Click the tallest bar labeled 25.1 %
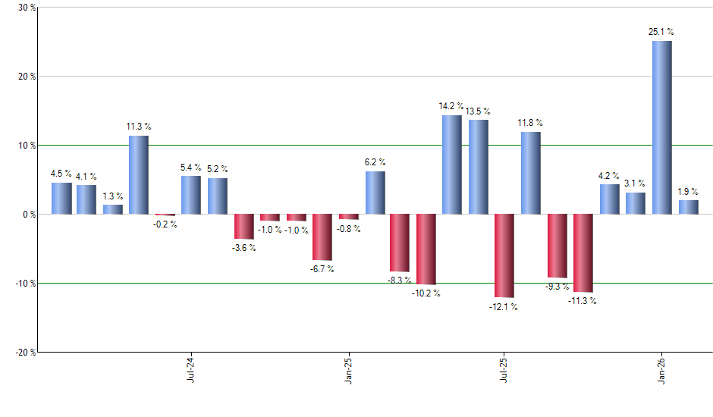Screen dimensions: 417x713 click(x=661, y=127)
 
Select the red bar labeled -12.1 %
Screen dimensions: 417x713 click(x=504, y=256)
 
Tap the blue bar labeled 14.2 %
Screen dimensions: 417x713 click(x=452, y=165)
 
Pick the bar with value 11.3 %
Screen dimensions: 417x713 click(x=138, y=174)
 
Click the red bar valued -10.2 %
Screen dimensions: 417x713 click(x=426, y=249)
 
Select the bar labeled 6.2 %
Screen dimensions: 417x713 click(x=375, y=193)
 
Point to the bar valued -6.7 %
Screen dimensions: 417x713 click(x=322, y=237)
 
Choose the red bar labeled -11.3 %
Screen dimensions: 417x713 click(x=583, y=252)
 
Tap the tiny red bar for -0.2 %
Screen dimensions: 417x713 click(x=165, y=215)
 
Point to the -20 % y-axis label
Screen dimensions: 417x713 click(x=24, y=353)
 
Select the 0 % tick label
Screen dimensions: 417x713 click(x=29, y=215)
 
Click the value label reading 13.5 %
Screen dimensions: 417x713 click(x=478, y=111)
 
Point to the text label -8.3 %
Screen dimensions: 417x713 click(x=400, y=280)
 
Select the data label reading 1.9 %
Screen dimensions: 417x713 click(x=689, y=192)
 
